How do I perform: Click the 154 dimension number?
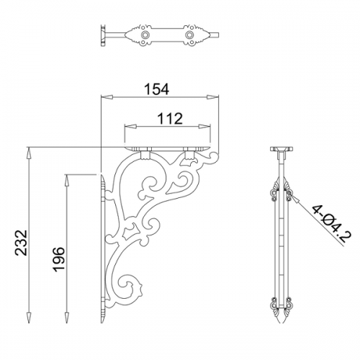click(157, 89)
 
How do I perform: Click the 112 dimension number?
click(170, 118)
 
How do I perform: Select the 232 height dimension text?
click(21, 243)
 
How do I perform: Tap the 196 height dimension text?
click(58, 259)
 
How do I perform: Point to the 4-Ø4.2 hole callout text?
click(331, 223)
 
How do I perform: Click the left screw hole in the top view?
click(145, 35)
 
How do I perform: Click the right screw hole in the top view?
click(189, 35)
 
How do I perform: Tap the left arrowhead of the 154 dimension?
click(107, 97)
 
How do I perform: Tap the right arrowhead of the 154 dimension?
click(213, 97)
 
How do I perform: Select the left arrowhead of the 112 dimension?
click(130, 127)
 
